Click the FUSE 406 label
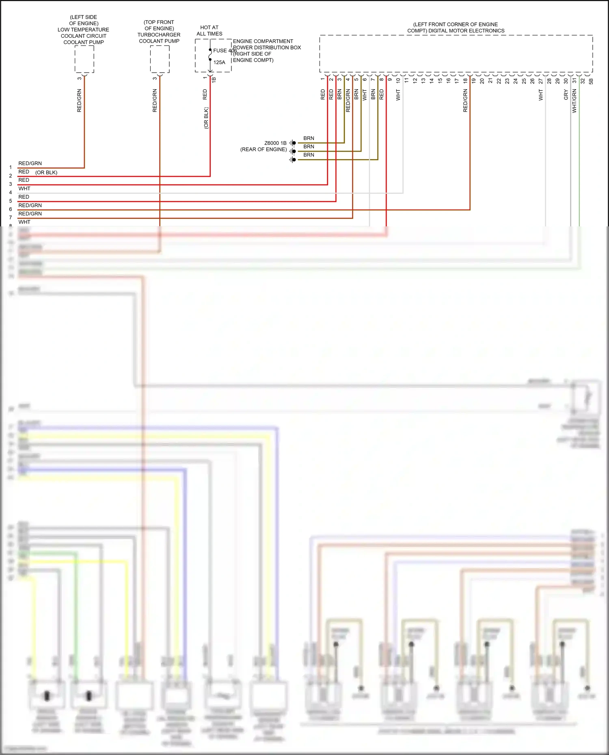[x=225, y=51]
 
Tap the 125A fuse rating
[x=219, y=62]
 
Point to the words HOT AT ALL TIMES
[x=209, y=31]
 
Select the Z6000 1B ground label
[x=275, y=143]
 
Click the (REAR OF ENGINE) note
[x=263, y=149]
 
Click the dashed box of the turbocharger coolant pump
[x=160, y=59]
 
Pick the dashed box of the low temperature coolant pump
[x=84, y=59]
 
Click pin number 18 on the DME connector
[x=465, y=80]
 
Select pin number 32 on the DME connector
[x=583, y=81]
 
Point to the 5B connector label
[x=591, y=81]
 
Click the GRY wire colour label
[x=566, y=95]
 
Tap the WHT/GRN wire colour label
[x=574, y=101]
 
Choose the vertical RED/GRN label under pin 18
[x=465, y=101]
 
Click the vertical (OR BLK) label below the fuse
[x=206, y=118]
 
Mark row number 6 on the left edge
[x=11, y=209]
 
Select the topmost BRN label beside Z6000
[x=309, y=138]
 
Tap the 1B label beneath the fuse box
[x=214, y=80]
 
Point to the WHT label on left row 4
[x=24, y=189]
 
